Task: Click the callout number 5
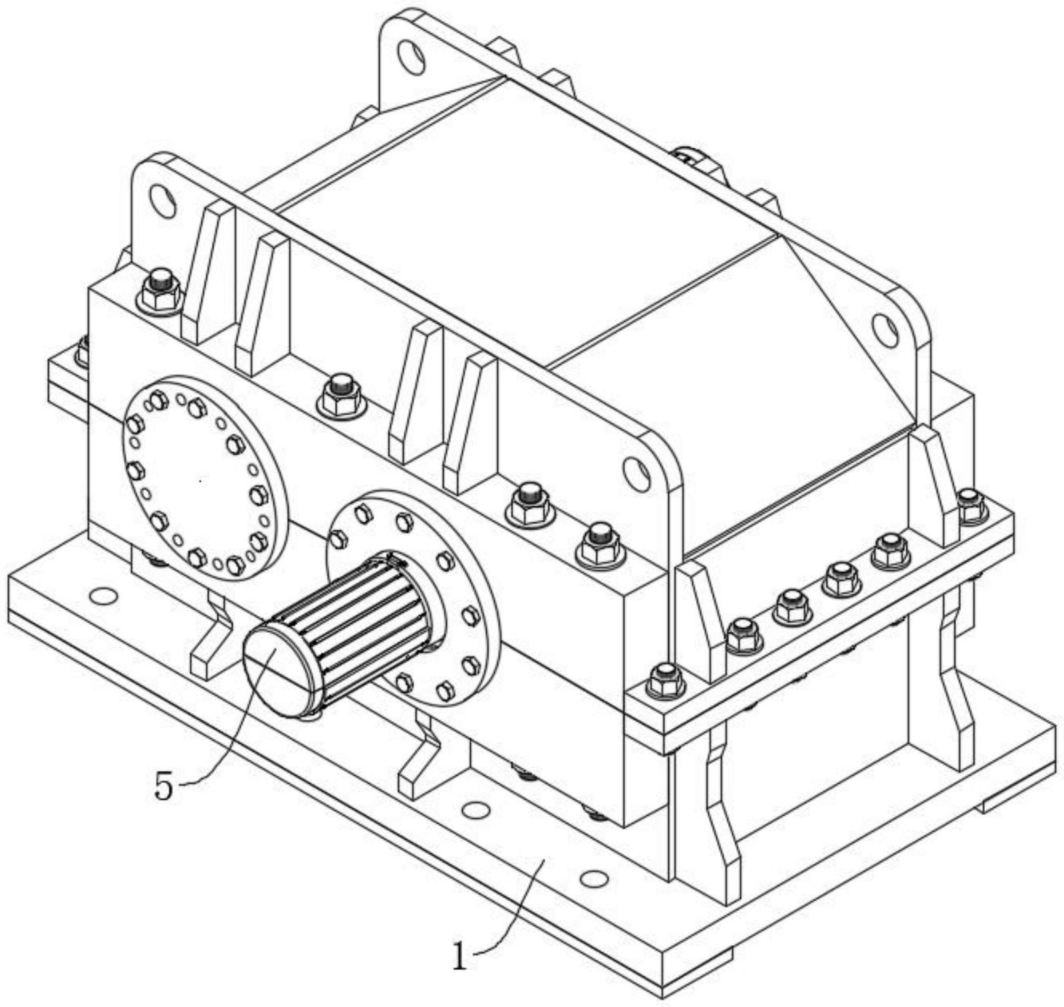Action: click(164, 787)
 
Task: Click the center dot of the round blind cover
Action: click(201, 479)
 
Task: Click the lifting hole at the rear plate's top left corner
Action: click(412, 56)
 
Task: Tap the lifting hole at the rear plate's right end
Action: click(885, 330)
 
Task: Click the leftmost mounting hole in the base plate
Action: click(103, 596)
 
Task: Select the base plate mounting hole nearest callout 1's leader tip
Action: click(594, 879)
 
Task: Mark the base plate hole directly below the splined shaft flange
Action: click(475, 809)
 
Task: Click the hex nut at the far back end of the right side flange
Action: click(972, 506)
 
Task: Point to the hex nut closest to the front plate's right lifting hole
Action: click(601, 544)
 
